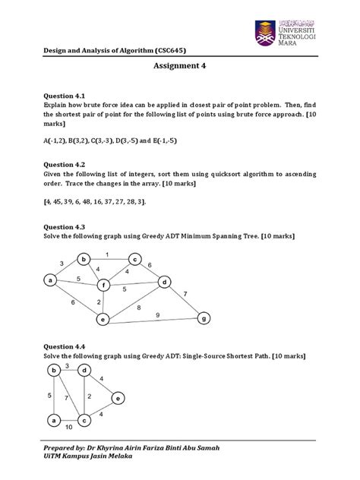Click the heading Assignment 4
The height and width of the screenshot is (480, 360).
tap(180, 66)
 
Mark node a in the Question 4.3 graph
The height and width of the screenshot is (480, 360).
tap(51, 280)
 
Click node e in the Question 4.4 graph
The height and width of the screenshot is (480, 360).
tap(116, 397)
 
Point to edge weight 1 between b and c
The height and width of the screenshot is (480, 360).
tap(107, 254)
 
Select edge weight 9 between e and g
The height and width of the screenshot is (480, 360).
tap(157, 314)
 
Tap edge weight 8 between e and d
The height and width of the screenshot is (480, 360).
tap(137, 308)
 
